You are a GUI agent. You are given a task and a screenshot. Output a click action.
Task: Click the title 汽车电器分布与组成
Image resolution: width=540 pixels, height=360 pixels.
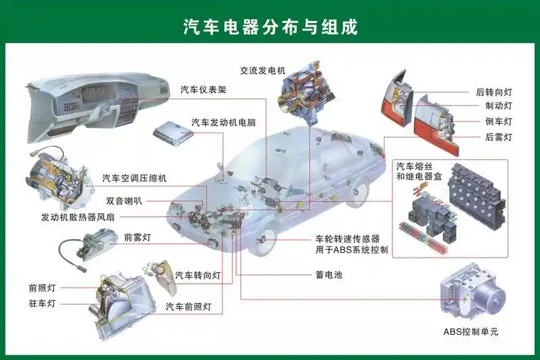[x=270, y=27]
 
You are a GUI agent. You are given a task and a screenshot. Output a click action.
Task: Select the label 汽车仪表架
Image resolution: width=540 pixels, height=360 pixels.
[x=203, y=90]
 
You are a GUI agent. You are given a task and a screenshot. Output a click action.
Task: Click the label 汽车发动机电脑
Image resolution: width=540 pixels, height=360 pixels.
[x=223, y=122]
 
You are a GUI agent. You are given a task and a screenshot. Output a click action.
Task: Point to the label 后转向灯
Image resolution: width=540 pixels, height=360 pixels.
[x=494, y=92]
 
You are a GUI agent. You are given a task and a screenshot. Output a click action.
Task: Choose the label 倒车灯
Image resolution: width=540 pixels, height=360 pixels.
[x=498, y=122]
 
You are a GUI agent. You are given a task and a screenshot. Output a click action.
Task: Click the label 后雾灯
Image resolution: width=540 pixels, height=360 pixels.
[x=498, y=137]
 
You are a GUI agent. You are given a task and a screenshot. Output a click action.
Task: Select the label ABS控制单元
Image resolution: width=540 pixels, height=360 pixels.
[x=471, y=332]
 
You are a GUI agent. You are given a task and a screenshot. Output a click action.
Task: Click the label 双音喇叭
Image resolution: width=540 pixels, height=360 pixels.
[x=124, y=201]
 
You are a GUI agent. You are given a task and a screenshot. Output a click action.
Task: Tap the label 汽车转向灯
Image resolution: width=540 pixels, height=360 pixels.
[x=197, y=276]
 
